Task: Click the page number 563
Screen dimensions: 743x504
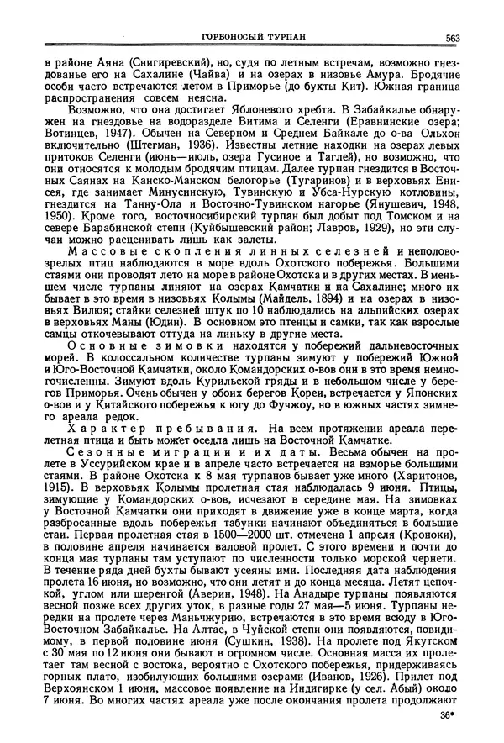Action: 451,36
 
